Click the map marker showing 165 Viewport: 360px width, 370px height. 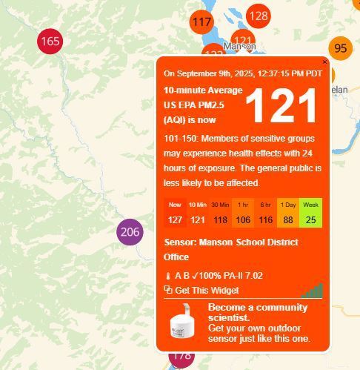pyautogui.click(x=50, y=42)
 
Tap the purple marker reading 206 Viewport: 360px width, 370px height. pyautogui.click(x=130, y=232)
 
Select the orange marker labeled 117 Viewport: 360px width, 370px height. pyautogui.click(x=201, y=22)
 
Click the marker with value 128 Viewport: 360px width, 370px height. pyautogui.click(x=259, y=16)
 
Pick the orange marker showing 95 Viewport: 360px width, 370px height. pyautogui.click(x=340, y=48)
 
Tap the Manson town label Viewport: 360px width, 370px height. pyautogui.click(x=239, y=47)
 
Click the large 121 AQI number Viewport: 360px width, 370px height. pyautogui.click(x=281, y=106)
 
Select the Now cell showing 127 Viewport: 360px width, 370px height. pyautogui.click(x=175, y=219)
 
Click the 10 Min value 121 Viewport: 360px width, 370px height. pyautogui.click(x=198, y=219)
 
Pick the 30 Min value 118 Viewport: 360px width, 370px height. pyautogui.click(x=220, y=219)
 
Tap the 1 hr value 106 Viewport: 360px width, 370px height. pyautogui.click(x=243, y=219)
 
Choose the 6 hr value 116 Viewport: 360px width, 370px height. pyautogui.click(x=266, y=219)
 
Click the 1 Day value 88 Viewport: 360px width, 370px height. pyautogui.click(x=288, y=219)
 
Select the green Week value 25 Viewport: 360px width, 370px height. pyautogui.click(x=311, y=219)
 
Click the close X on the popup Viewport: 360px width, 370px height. pyautogui.click(x=324, y=62)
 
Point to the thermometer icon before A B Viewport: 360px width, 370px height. pyautogui.click(x=168, y=276)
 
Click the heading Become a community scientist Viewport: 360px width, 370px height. pyautogui.click(x=257, y=312)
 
